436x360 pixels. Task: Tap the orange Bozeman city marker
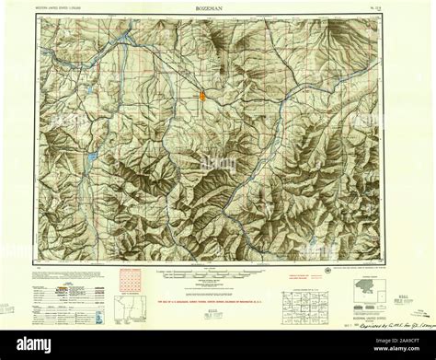click(x=203, y=95)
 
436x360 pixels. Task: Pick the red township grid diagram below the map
click(x=132, y=279)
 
